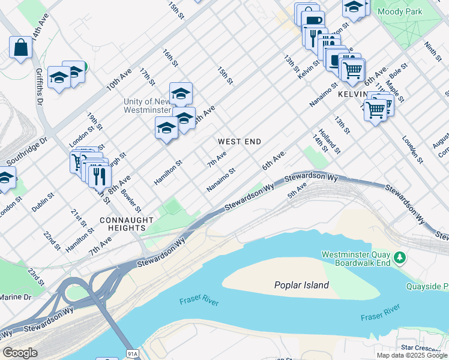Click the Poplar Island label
click(301, 285)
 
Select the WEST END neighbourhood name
click(239, 142)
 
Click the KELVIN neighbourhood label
click(353, 95)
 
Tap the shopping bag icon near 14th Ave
click(20, 48)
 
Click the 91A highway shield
click(133, 354)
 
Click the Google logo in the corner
click(20, 353)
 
